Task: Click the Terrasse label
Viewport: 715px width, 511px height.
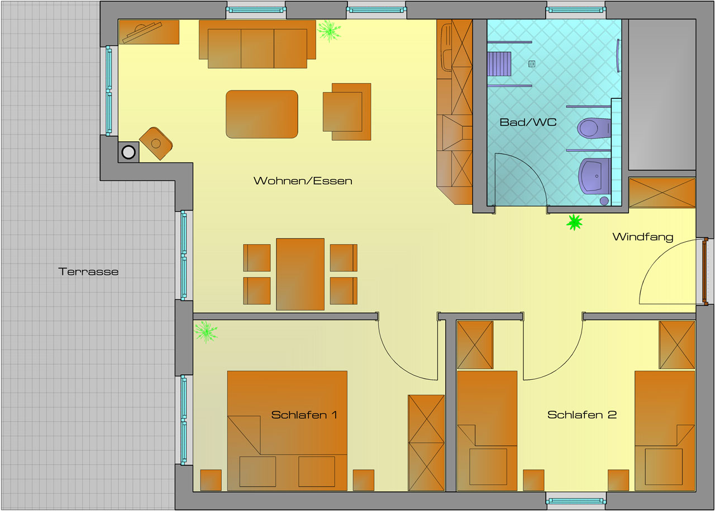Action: pyautogui.click(x=88, y=272)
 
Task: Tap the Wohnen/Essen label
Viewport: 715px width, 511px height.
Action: pyautogui.click(x=303, y=181)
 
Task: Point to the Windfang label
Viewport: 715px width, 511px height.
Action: pyautogui.click(x=642, y=237)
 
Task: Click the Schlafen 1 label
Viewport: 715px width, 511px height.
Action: pyautogui.click(x=304, y=415)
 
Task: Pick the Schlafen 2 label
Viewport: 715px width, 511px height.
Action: pyautogui.click(x=581, y=415)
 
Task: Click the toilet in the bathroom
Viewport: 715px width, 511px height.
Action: pyautogui.click(x=593, y=128)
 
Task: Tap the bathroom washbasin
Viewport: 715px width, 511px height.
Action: pyautogui.click(x=594, y=175)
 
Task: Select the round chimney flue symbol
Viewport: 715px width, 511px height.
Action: pyautogui.click(x=128, y=151)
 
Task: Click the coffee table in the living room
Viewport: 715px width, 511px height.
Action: pyautogui.click(x=261, y=114)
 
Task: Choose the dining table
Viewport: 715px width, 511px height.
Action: pyautogui.click(x=300, y=274)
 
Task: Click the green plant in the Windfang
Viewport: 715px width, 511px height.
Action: pyautogui.click(x=574, y=222)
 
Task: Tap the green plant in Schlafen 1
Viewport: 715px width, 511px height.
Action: pyautogui.click(x=206, y=331)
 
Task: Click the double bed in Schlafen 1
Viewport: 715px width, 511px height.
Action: pyautogui.click(x=287, y=430)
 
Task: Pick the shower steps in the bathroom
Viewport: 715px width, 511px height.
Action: pyautogui.click(x=500, y=64)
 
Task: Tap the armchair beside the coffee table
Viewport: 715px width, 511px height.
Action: pyautogui.click(x=346, y=112)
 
